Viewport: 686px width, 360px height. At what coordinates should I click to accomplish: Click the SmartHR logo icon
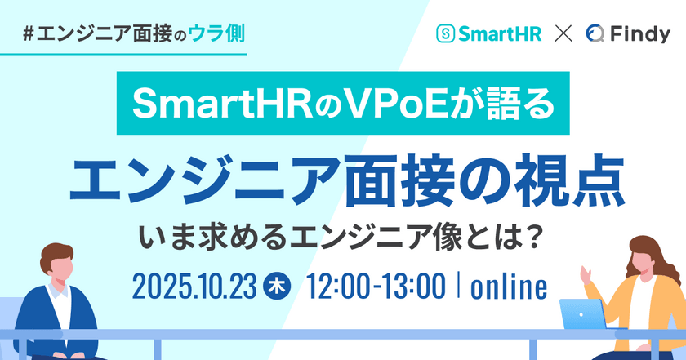[446, 34]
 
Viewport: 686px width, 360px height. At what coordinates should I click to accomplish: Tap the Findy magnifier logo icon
[595, 34]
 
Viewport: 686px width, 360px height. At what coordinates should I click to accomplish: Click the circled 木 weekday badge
[277, 287]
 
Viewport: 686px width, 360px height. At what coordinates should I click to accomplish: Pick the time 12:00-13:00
[376, 287]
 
